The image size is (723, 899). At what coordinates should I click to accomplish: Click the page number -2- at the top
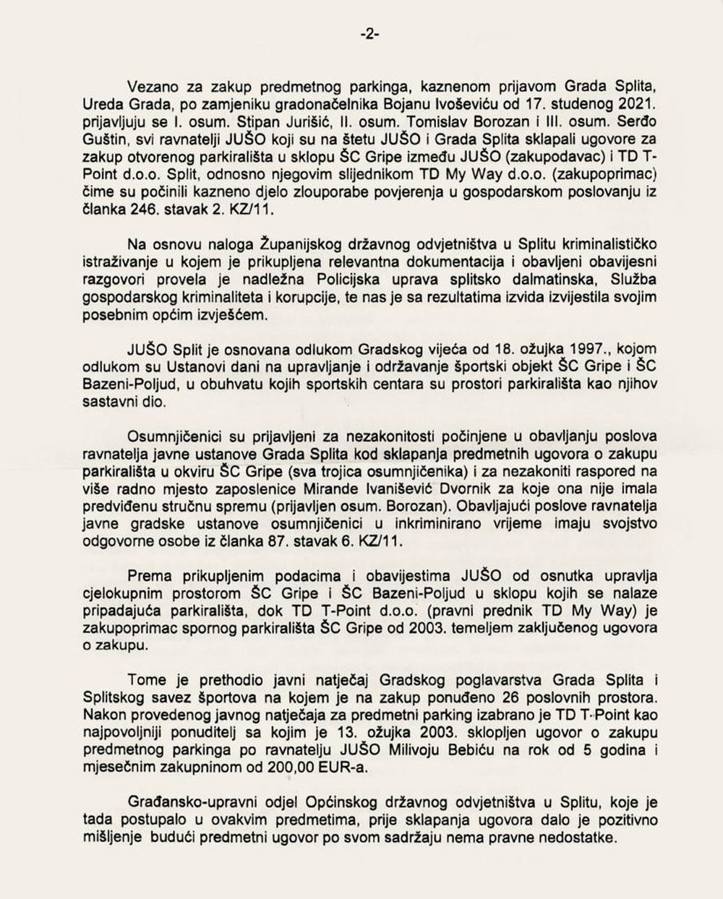[369, 34]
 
